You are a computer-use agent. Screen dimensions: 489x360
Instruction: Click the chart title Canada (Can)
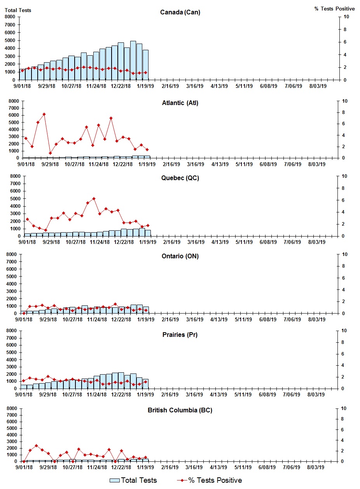pyautogui.click(x=180, y=12)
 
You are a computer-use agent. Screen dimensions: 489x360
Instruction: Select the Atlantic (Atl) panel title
pyautogui.click(x=180, y=103)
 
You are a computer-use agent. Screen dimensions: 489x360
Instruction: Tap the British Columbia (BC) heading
pyautogui.click(x=180, y=410)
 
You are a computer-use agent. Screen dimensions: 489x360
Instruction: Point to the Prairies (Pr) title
pyautogui.click(x=180, y=335)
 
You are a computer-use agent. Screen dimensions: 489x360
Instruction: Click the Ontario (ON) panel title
pyautogui.click(x=180, y=256)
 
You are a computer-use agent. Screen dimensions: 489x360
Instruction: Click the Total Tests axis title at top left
pyautogui.click(x=18, y=10)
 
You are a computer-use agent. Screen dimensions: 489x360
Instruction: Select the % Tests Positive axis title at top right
pyautogui.click(x=334, y=9)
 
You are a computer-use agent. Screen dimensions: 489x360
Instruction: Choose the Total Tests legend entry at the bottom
pyautogui.click(x=133, y=480)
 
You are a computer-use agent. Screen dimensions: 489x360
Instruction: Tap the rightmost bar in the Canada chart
pyautogui.click(x=145, y=65)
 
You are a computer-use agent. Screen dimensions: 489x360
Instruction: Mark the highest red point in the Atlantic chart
pyautogui.click(x=44, y=114)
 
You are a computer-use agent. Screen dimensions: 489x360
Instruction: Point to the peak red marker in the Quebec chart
pyautogui.click(x=94, y=199)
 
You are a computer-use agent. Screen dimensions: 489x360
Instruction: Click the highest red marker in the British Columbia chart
pyautogui.click(x=36, y=446)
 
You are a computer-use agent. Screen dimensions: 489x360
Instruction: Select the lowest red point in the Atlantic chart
pyautogui.click(x=50, y=153)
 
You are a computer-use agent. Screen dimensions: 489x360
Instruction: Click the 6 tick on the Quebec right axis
pyautogui.click(x=343, y=200)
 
